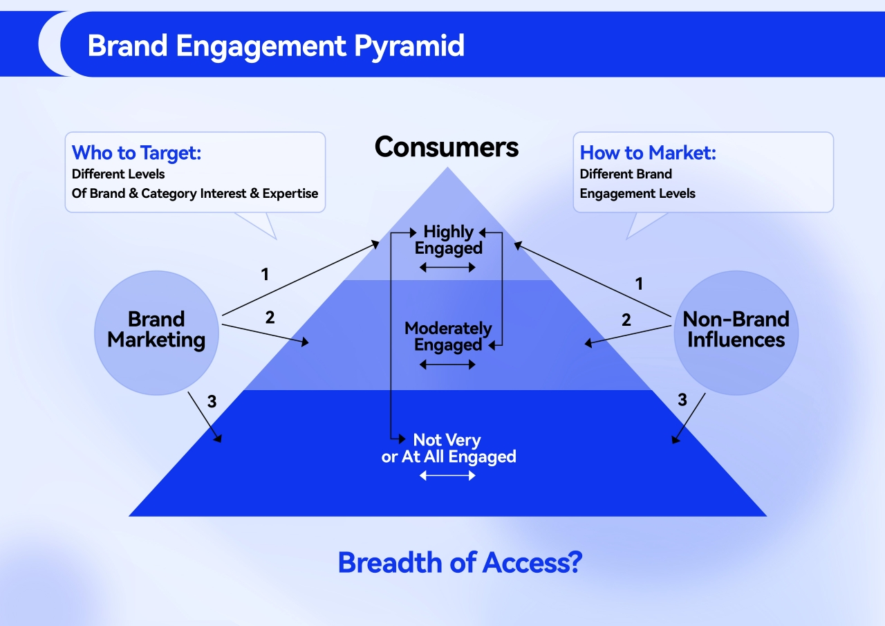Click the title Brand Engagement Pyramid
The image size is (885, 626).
click(x=276, y=46)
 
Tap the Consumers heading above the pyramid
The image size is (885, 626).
click(x=447, y=147)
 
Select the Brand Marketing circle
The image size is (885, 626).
click(x=156, y=330)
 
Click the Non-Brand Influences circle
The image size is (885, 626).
click(x=736, y=330)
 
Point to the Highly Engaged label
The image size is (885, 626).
click(x=449, y=240)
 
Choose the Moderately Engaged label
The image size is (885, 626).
click(x=448, y=336)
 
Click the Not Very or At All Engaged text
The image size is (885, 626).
click(x=449, y=448)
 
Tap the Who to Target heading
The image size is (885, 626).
click(x=136, y=153)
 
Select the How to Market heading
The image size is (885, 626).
click(x=648, y=153)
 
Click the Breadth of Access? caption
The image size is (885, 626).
click(x=460, y=563)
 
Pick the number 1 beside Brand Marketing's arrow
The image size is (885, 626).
click(x=265, y=275)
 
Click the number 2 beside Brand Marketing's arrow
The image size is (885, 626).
click(x=270, y=317)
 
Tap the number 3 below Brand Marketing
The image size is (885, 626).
click(x=212, y=402)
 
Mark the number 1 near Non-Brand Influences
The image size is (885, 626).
click(x=639, y=284)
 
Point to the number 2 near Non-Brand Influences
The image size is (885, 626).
click(x=626, y=320)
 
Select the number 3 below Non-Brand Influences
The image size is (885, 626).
click(x=682, y=400)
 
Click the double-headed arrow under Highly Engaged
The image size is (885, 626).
click(x=446, y=268)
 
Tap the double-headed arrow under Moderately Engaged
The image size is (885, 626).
click(x=447, y=365)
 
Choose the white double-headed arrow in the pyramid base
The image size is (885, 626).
click(x=447, y=476)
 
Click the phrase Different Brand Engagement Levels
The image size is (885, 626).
click(x=637, y=183)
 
